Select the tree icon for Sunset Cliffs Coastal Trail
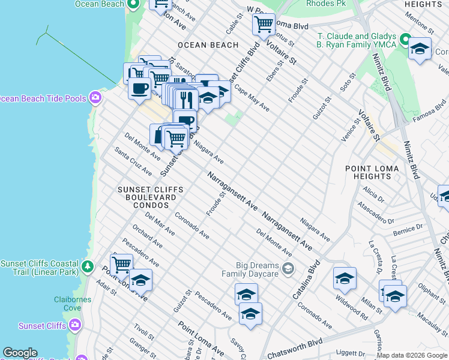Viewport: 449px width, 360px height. [88, 265]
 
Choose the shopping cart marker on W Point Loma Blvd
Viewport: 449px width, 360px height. [264, 25]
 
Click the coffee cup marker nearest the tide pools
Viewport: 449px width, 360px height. [139, 89]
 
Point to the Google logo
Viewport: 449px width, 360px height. [20, 353]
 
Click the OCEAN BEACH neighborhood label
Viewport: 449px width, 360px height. [208, 45]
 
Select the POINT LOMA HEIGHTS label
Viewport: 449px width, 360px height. [368, 172]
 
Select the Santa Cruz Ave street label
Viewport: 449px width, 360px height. [133, 162]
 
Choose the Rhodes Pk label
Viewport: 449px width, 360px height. [324, 4]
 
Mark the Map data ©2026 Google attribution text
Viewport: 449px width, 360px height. [412, 355]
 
